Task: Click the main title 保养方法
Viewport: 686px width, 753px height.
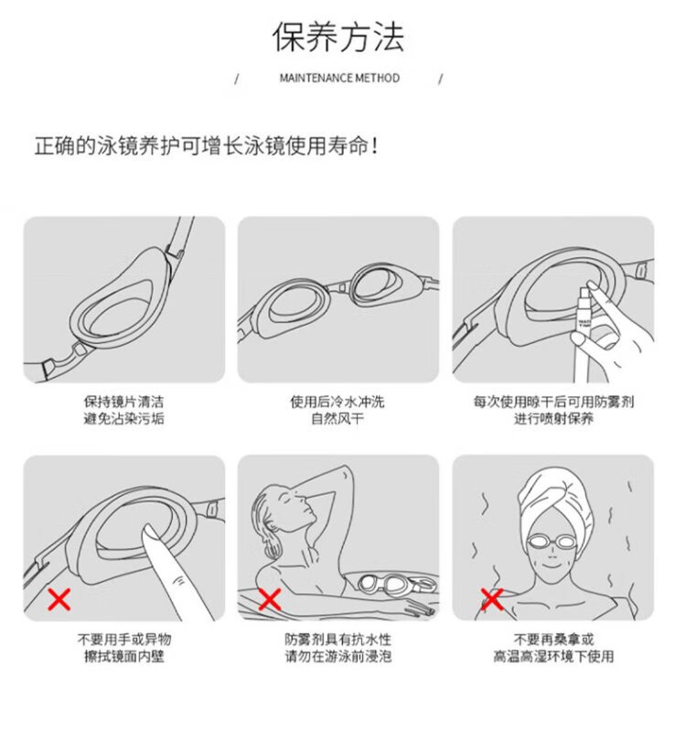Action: coord(338,37)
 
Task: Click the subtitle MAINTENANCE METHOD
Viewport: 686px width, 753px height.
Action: coord(339,78)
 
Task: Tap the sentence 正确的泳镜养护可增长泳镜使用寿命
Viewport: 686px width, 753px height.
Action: coord(201,145)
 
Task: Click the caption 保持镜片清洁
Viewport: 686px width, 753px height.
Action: coord(123,402)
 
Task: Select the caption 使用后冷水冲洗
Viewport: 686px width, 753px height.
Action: coord(338,402)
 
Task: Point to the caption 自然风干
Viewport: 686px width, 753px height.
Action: coord(338,419)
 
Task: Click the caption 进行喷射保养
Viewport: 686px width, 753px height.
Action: coord(553,419)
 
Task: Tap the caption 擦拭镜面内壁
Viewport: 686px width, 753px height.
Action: coord(123,656)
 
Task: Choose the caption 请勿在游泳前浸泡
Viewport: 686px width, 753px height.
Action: coord(338,656)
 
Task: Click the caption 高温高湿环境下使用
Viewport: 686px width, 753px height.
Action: coord(553,656)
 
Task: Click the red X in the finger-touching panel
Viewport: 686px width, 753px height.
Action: coord(59,599)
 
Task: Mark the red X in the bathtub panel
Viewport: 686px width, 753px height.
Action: coord(270,599)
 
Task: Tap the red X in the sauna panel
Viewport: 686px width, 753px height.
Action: coord(491,599)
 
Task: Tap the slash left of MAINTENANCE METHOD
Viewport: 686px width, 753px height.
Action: coord(236,79)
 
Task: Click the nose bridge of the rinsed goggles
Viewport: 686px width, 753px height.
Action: coord(340,289)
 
